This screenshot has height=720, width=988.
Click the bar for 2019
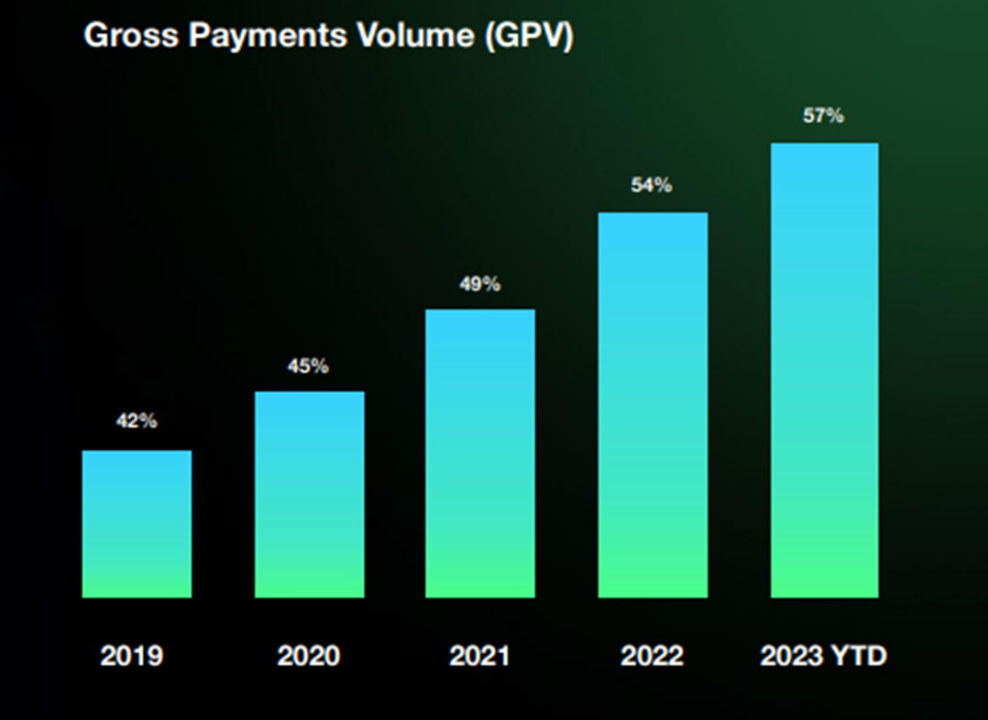click(137, 524)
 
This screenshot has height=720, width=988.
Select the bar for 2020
click(309, 495)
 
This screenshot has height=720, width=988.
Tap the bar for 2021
click(480, 453)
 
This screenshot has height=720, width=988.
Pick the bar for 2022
click(653, 405)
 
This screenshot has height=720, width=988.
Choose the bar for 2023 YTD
click(824, 370)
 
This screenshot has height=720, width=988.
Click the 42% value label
click(136, 421)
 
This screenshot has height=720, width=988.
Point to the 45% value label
click(308, 366)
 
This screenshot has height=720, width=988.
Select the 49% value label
click(479, 284)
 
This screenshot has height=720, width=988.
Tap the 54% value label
click(652, 185)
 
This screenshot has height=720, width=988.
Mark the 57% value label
click(823, 116)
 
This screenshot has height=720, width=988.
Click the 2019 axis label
click(132, 656)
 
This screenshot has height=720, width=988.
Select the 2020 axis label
click(308, 656)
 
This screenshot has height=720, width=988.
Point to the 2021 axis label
click(479, 656)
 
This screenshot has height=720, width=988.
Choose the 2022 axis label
click(652, 656)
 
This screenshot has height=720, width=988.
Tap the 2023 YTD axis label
click(823, 656)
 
